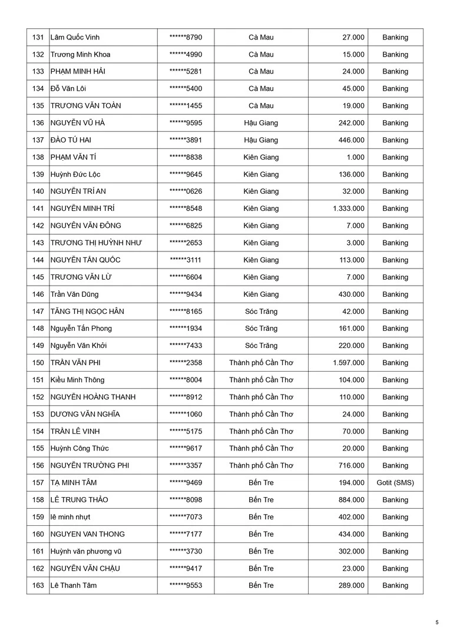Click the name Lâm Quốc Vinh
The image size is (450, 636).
click(x=74, y=37)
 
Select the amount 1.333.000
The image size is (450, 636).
click(x=348, y=208)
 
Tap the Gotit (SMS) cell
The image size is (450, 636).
click(x=395, y=483)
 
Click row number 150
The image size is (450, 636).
click(x=38, y=363)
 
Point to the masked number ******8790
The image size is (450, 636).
click(x=186, y=37)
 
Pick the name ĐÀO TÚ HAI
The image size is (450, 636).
click(x=71, y=140)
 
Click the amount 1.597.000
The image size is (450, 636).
click(x=348, y=363)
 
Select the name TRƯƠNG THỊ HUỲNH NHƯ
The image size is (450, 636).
click(x=96, y=243)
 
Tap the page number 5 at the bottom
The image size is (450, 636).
click(x=437, y=622)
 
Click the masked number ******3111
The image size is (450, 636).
click(x=186, y=260)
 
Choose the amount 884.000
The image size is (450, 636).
click(x=352, y=500)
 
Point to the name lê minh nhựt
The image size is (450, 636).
click(x=70, y=517)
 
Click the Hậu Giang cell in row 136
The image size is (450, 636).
click(x=261, y=123)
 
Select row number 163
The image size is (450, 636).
click(x=38, y=585)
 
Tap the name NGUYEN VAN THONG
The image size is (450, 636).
click(x=87, y=534)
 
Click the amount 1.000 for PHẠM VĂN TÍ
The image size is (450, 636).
click(x=355, y=157)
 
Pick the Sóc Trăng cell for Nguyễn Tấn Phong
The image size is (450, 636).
click(x=261, y=329)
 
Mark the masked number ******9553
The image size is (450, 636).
click(x=186, y=585)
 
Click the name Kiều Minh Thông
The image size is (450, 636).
click(x=77, y=380)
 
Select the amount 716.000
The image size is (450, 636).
click(x=352, y=466)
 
